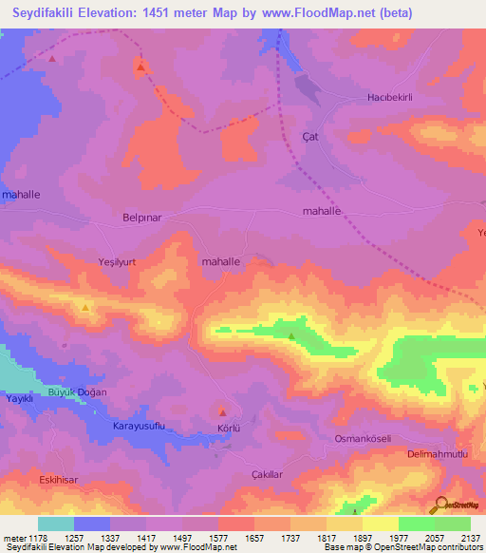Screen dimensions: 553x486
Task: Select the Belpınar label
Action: point(143,217)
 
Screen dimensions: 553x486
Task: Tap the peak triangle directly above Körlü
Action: point(222,411)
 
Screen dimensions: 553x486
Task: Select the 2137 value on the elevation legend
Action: point(468,537)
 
